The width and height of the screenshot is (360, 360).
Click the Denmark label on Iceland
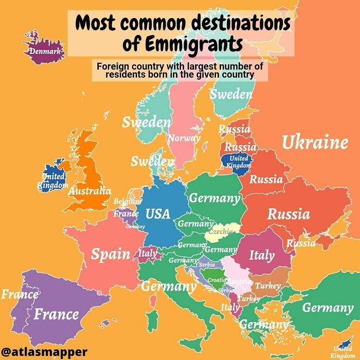[x=45, y=51]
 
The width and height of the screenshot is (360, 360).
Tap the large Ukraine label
[x=315, y=142]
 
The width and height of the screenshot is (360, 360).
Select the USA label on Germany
[x=158, y=213]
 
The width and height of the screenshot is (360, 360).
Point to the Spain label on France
[x=111, y=254]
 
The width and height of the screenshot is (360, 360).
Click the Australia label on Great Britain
[x=90, y=191]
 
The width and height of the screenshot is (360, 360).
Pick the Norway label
[x=184, y=138]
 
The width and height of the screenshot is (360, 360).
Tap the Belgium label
[x=127, y=201]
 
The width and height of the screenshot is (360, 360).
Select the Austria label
[x=239, y=282]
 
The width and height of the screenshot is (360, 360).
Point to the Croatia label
[x=216, y=280]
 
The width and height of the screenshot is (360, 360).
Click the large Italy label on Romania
[x=262, y=255]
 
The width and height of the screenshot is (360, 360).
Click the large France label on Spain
[x=57, y=314]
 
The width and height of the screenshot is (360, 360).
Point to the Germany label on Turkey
[x=327, y=308]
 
